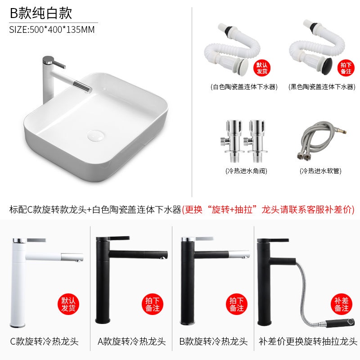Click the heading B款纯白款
point(41,13)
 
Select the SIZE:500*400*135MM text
point(52,30)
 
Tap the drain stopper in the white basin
point(96,135)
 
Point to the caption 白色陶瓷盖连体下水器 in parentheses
point(244,87)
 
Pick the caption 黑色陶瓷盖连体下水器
point(322,87)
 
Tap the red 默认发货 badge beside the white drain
point(262,68)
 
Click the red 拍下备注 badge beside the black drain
point(346,68)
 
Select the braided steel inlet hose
point(321,140)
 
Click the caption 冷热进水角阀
point(246,171)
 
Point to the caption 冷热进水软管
point(320,171)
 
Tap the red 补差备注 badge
point(342,304)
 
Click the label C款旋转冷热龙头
point(44,342)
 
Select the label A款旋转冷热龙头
point(131,342)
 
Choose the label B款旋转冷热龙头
point(213,342)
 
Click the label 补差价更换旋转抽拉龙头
point(308,342)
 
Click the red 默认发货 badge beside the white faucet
point(68,304)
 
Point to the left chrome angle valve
point(232,140)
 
